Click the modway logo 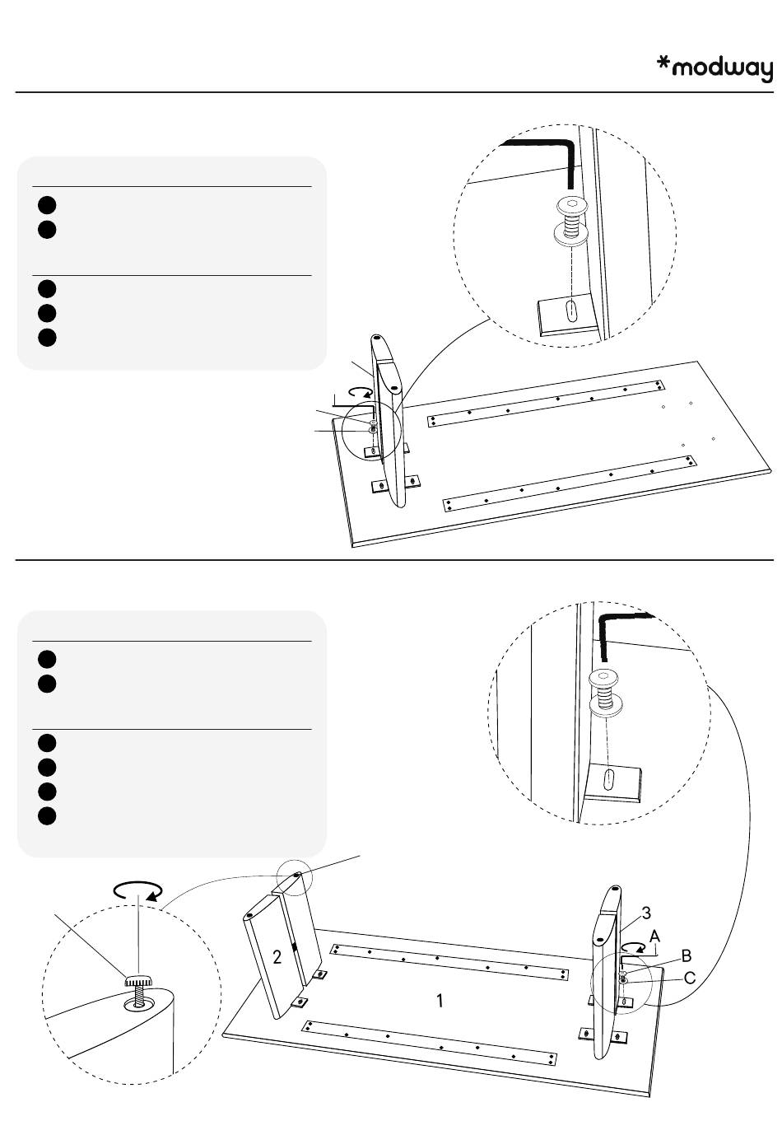tap(715, 68)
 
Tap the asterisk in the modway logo tap(663, 63)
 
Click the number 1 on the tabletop tap(440, 1001)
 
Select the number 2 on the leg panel tap(277, 956)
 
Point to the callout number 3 tap(646, 913)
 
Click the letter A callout tap(654, 936)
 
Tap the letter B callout tap(686, 956)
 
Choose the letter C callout tap(690, 979)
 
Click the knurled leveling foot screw tap(138, 980)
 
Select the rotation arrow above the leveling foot tap(137, 890)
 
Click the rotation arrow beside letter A tap(632, 947)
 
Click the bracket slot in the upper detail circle tap(570, 311)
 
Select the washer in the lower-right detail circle tap(605, 706)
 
